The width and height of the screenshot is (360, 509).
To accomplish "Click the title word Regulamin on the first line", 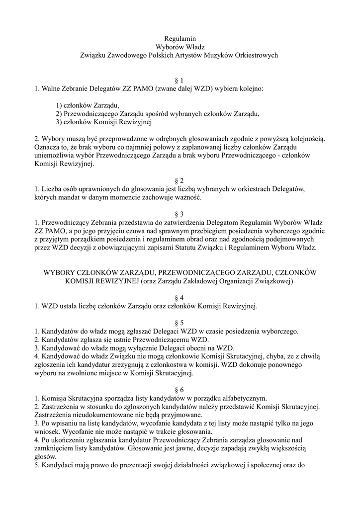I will (x=180, y=38).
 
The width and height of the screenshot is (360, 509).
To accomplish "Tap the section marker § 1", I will (x=180, y=80).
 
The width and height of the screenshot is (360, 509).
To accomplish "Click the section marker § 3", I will (x=180, y=214).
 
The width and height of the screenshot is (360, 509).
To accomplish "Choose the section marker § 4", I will (x=180, y=298).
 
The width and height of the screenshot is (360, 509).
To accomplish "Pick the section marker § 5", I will (x=180, y=323).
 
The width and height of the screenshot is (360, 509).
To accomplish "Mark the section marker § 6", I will (x=180, y=389).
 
